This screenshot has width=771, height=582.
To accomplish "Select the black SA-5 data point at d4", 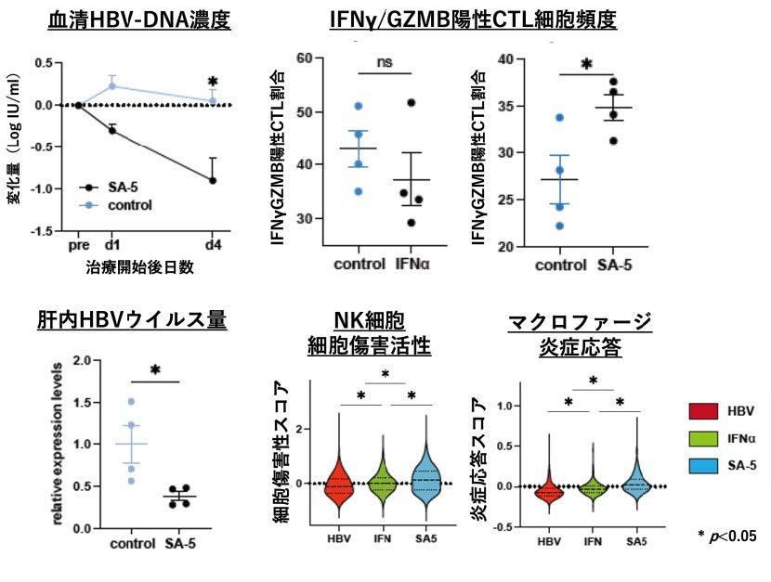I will coord(213,180).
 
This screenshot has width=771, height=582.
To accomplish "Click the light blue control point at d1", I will coord(112,86).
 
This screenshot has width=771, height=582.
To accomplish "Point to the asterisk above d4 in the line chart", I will coord(213,83).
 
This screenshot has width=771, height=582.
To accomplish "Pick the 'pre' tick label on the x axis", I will coord(79,246).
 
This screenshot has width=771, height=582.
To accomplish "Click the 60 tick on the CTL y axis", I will coord(303,58).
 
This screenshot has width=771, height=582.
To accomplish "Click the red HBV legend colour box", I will coord(702,409).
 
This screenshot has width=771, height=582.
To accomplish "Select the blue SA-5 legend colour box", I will coord(702,464).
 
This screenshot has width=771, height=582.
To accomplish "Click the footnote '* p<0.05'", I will coord(725,536).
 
